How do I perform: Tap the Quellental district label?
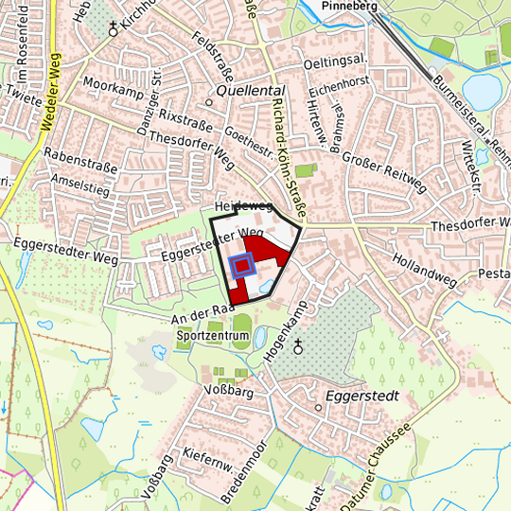[244, 90]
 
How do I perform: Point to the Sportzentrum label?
[212, 336]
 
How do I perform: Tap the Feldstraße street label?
[212, 57]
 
